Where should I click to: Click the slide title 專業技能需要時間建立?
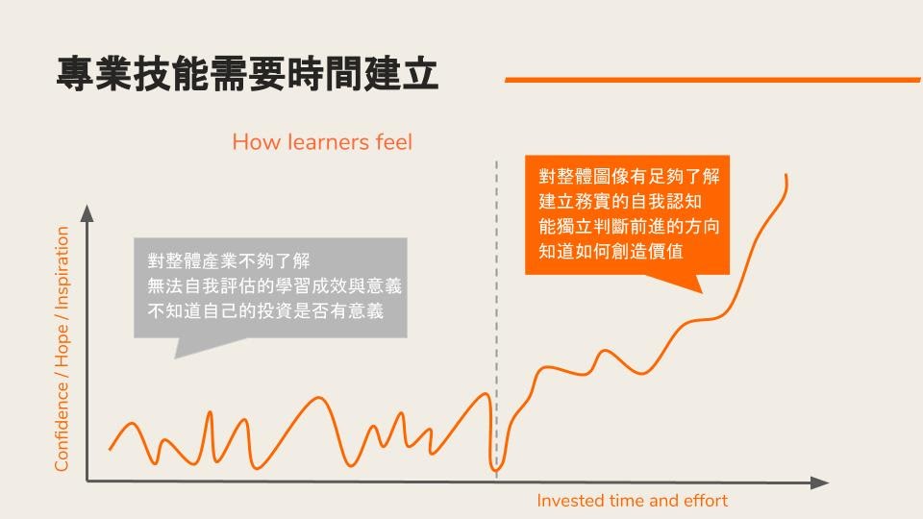coord(247,74)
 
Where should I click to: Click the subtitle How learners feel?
coord(322,142)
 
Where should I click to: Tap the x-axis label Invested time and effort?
coord(633,501)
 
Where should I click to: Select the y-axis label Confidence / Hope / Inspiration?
coord(62,349)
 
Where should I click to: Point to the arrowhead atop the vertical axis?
coord(87,213)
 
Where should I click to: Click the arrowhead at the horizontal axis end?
coord(819,483)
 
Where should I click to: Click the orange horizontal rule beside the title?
coord(712,80)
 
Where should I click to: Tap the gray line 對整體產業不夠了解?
coord(229,260)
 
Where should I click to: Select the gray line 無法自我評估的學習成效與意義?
coord(274,286)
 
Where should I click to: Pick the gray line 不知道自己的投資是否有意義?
coord(265,310)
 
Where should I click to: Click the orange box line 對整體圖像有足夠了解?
coord(629,176)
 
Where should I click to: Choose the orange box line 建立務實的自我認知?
coord(620,201)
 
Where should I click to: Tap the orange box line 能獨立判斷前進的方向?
coord(629,227)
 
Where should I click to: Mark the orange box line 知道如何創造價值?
coord(611,251)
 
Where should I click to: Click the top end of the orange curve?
coord(786,175)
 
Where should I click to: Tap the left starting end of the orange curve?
coord(110,450)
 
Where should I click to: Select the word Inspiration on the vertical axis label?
coord(62,268)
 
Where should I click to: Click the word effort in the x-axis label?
coord(706,501)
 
